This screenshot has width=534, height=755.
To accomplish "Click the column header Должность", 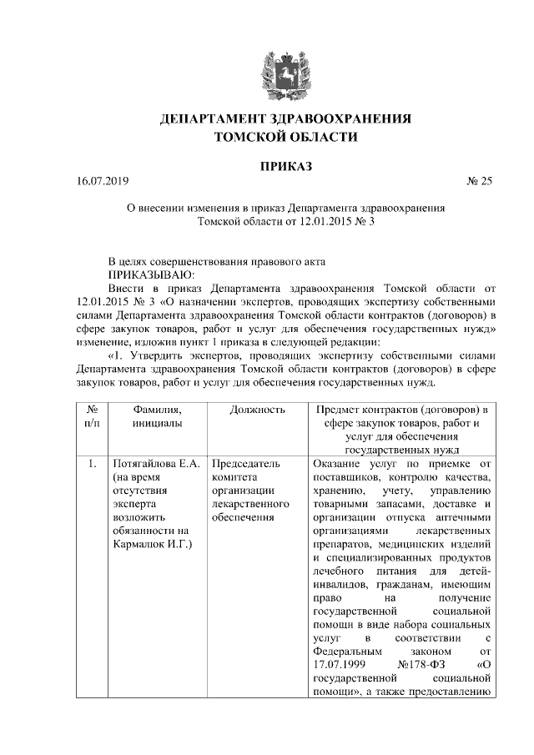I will tap(258, 410).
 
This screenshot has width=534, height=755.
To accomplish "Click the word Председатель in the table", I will tap(246, 464).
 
